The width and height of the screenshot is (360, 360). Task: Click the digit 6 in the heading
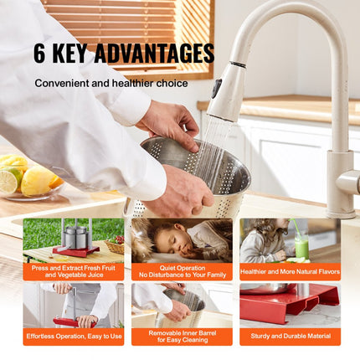coord(41,53)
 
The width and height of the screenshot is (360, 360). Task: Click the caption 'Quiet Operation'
coord(182,267)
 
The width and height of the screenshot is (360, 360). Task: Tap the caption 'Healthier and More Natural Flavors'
coord(289,271)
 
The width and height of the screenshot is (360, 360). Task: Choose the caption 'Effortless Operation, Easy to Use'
coord(73,337)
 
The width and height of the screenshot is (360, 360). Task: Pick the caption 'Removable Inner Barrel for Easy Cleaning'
coord(182,337)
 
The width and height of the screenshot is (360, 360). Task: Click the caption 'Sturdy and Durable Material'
coord(289,337)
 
